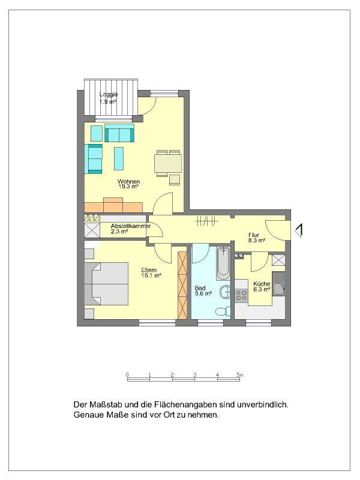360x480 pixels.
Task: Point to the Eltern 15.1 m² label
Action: pyautogui.click(x=151, y=272)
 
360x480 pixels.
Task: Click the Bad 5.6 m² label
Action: pyautogui.click(x=203, y=291)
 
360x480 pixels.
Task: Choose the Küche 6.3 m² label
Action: pyautogui.click(x=262, y=286)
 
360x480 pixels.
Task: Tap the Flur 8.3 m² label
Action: pyautogui.click(x=257, y=238)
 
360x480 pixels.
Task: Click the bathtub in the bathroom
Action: pyautogui.click(x=223, y=263)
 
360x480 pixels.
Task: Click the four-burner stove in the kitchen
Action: pyautogui.click(x=242, y=295)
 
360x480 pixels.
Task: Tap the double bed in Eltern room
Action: pyautogui.click(x=108, y=284)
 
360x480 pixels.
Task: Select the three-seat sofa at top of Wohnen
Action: pyautogui.click(x=119, y=133)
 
